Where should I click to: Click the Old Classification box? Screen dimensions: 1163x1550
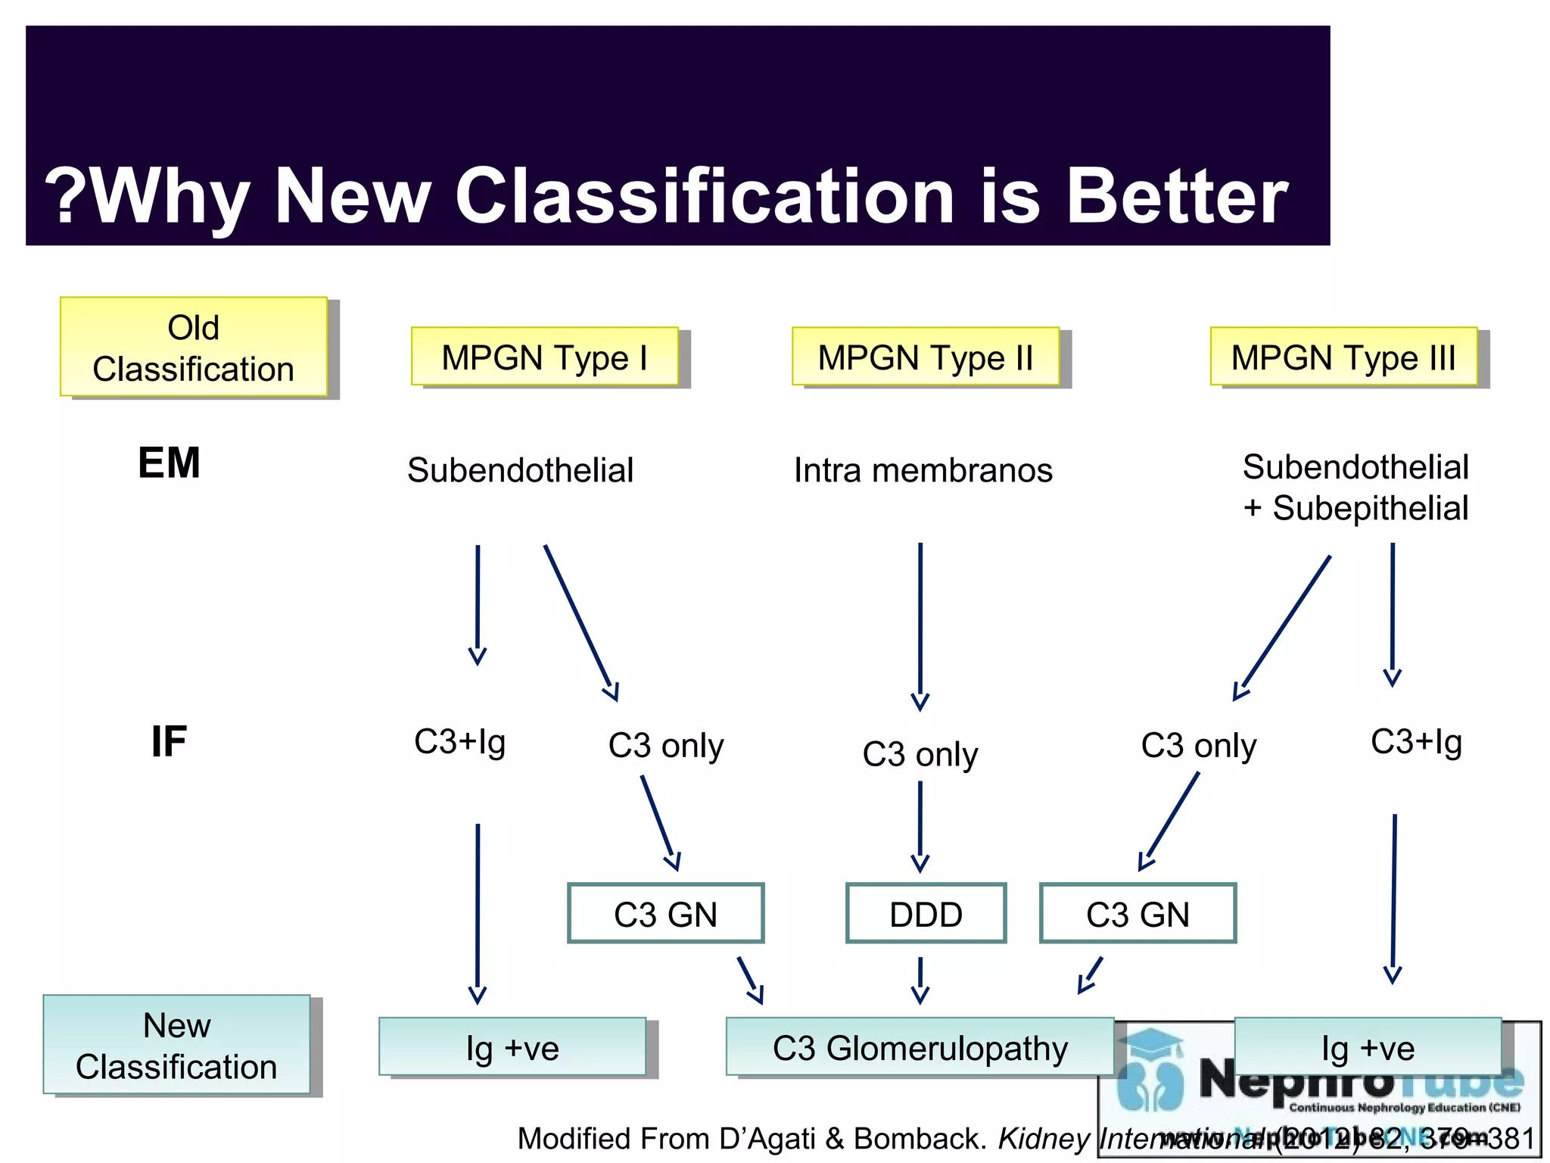[194, 348]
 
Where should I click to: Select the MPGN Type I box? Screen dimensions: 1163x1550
[545, 357]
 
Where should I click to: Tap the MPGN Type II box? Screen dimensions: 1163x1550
[925, 357]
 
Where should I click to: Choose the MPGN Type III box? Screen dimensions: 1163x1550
[1343, 357]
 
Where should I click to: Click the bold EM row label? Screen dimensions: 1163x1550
[169, 463]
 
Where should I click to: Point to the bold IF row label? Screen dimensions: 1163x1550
[169, 741]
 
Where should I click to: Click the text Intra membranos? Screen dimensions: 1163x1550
[923, 470]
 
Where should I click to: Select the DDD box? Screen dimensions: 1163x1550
[926, 914]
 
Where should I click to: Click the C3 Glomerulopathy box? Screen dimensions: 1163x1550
[920, 1048]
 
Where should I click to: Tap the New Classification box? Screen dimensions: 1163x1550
[177, 1046]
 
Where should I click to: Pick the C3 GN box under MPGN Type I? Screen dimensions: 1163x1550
[665, 914]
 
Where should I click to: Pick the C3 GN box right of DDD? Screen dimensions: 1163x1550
[1138, 914]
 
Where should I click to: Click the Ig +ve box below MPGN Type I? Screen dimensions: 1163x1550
[512, 1048]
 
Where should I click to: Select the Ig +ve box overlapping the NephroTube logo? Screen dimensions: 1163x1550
[1368, 1048]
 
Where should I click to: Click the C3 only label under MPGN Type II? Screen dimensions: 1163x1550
[920, 754]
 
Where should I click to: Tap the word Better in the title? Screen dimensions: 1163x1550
[1177, 196]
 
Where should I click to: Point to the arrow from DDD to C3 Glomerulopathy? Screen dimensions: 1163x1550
[920, 980]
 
